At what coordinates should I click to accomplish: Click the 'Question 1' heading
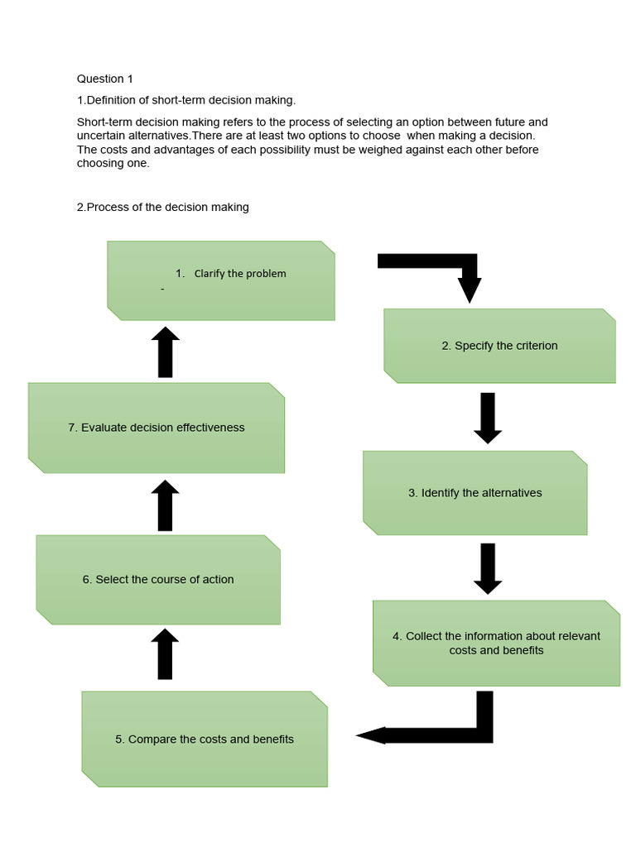[105, 79]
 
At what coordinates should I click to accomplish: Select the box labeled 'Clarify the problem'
[221, 280]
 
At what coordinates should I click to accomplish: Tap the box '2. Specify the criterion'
[499, 346]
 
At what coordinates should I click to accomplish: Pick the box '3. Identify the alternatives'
[475, 493]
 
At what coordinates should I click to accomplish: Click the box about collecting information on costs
[496, 643]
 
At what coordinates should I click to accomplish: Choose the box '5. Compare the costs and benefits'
[205, 739]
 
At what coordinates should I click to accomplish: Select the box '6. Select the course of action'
[158, 580]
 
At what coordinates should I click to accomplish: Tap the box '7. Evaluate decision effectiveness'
[157, 428]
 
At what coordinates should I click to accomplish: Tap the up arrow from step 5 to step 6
[166, 653]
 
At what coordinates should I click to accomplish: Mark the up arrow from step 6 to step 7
[166, 505]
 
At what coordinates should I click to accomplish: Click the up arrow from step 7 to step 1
[166, 352]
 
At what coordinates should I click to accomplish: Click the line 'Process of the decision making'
[163, 208]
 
